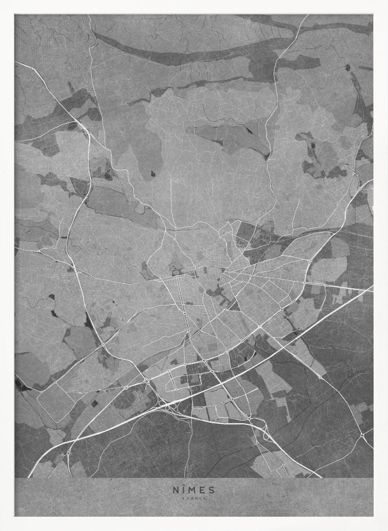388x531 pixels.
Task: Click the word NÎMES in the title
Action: [x=194, y=490]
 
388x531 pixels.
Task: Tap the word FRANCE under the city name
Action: [x=194, y=498]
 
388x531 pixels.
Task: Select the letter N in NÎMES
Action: [x=174, y=490]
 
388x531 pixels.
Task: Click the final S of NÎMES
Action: [x=212, y=490]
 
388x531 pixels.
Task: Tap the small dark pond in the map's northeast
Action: [x=347, y=67]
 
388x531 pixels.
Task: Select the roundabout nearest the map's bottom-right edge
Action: [x=362, y=435]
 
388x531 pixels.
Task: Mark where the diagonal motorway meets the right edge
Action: [x=372, y=288]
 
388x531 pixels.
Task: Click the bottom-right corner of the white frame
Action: [x=386, y=529]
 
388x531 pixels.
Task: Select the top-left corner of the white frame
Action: [x=2, y=2]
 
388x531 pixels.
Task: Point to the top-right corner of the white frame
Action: [x=386, y=2]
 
